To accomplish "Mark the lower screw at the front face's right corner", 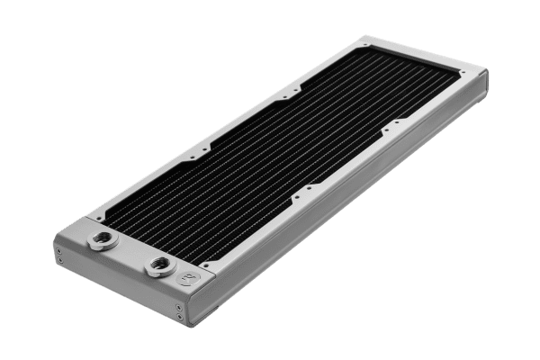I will point(183,319).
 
